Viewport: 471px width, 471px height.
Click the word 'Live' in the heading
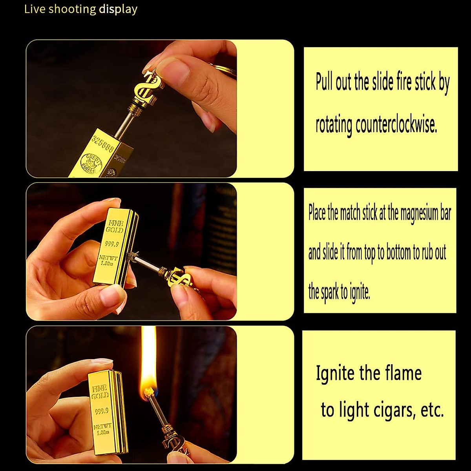tap(35, 9)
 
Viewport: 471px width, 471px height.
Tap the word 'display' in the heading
tap(118, 9)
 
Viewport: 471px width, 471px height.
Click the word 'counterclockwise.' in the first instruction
tap(396, 125)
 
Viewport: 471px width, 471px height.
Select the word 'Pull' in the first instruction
tap(324, 82)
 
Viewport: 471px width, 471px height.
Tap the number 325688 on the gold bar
tap(103, 144)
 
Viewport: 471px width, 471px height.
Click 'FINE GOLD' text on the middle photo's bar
tap(114, 226)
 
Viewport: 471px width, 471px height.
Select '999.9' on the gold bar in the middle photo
tap(112, 245)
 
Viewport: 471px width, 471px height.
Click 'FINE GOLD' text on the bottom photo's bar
tap(100, 392)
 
